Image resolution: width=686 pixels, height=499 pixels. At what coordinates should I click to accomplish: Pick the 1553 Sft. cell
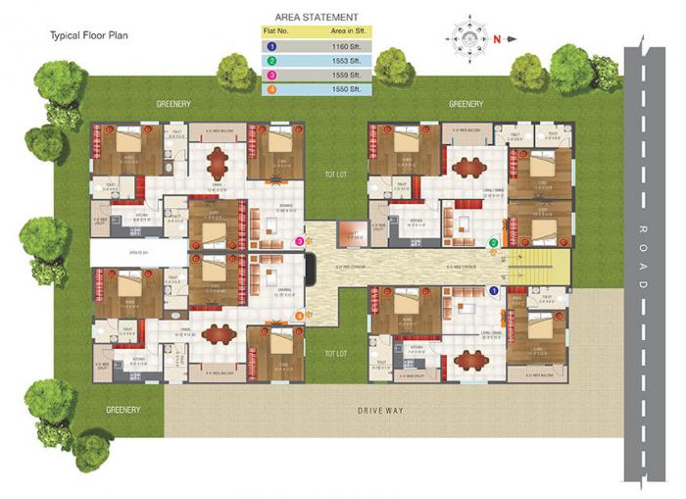347,60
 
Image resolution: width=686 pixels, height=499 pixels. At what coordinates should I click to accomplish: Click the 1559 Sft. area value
347,75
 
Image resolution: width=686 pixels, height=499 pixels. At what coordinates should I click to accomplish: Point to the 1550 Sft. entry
347,89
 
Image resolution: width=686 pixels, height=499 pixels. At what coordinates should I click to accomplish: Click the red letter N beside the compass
498,39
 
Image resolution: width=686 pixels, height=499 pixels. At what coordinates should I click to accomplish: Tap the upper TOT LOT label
336,175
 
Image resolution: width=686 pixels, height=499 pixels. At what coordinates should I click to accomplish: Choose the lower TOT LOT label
336,353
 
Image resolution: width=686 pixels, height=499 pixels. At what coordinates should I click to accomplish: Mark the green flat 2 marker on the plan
494,243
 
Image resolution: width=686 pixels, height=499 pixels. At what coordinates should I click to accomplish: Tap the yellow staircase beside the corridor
548,263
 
